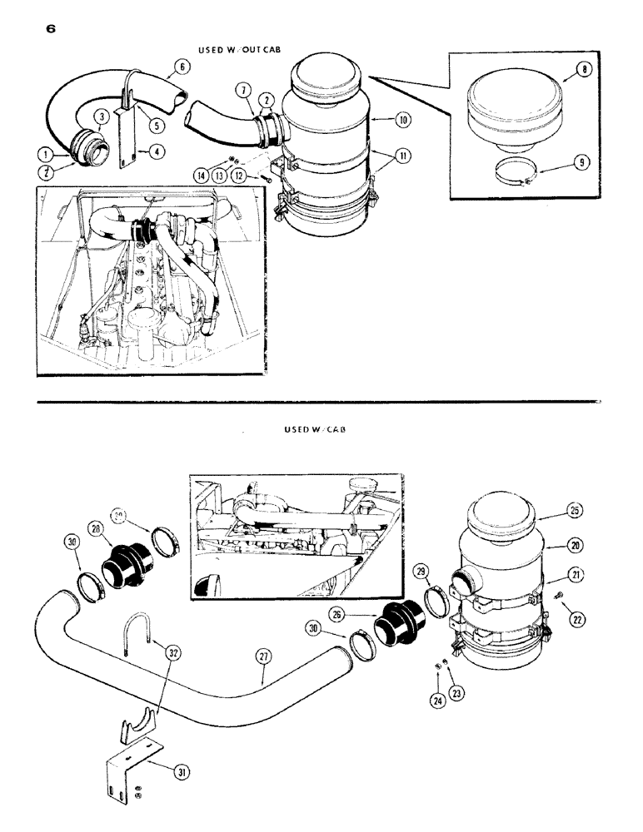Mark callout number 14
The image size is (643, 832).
(200, 176)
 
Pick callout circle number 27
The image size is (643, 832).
(263, 656)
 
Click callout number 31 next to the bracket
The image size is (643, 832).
(182, 772)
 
